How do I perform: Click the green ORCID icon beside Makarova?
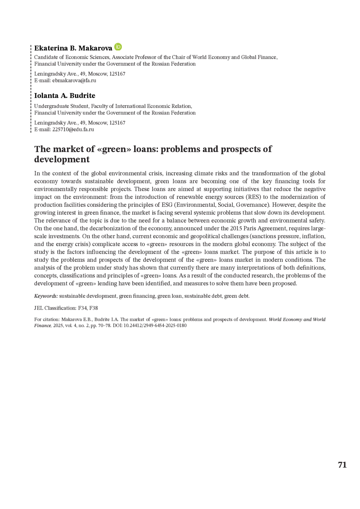click(118, 47)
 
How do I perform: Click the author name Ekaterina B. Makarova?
click(73, 48)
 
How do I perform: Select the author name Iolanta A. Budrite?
click(64, 96)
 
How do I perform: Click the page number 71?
click(342, 465)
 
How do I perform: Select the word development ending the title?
click(62, 160)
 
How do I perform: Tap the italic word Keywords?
click(46, 296)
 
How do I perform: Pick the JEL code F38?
click(93, 308)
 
